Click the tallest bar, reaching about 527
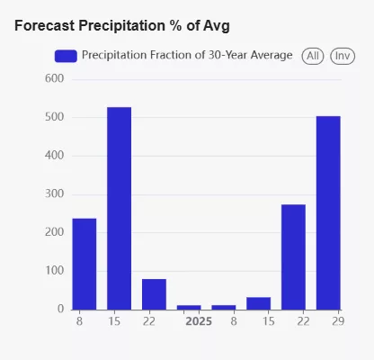pos(120,209)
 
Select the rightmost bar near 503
pos(328,213)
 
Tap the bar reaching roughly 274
pos(293,257)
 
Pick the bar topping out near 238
pos(85,264)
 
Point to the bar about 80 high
pos(154,294)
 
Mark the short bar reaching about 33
pos(259,303)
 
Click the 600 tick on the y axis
pos(55,78)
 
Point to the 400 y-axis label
pos(55,156)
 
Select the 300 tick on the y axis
pos(55,193)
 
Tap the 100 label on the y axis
pos(55,271)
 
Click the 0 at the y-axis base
pos(61,309)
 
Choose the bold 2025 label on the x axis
pos(199,321)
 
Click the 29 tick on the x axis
pos(338,321)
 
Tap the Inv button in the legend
pos(343,56)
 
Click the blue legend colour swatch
pos(66,56)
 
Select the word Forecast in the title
pos(45,25)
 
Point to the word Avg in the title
pos(217,26)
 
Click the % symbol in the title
pos(175,25)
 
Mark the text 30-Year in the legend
pos(227,55)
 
